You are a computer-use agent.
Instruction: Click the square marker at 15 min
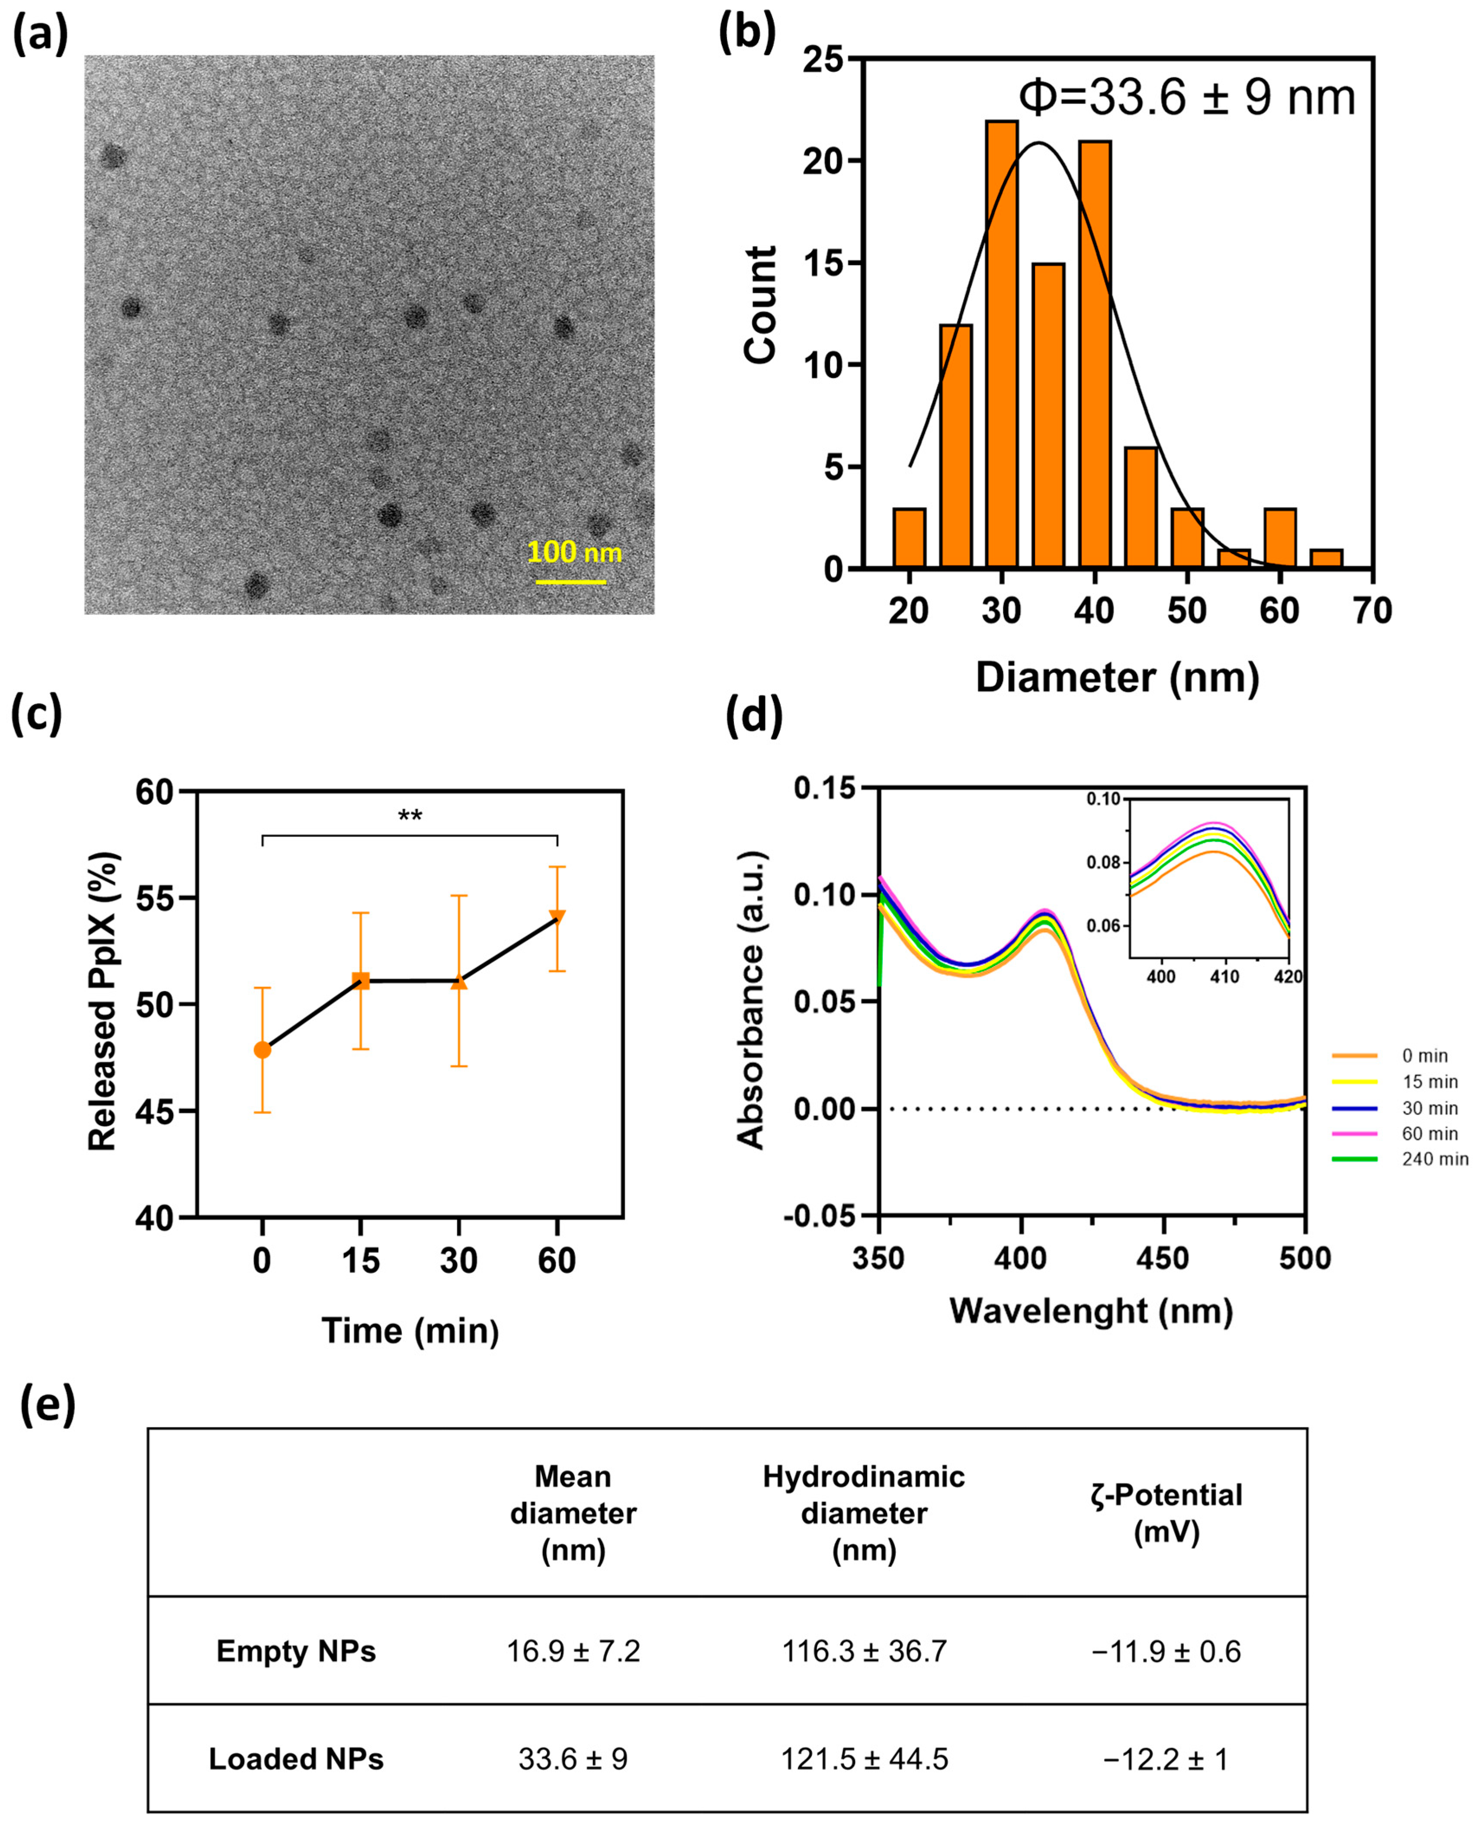(361, 981)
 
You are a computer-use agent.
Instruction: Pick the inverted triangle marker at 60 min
(557, 917)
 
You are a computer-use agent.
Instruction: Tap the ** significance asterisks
(410, 816)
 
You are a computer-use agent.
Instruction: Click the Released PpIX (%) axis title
(103, 1002)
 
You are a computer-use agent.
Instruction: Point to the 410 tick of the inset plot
(1224, 976)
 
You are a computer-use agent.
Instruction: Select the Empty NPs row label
(296, 1651)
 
